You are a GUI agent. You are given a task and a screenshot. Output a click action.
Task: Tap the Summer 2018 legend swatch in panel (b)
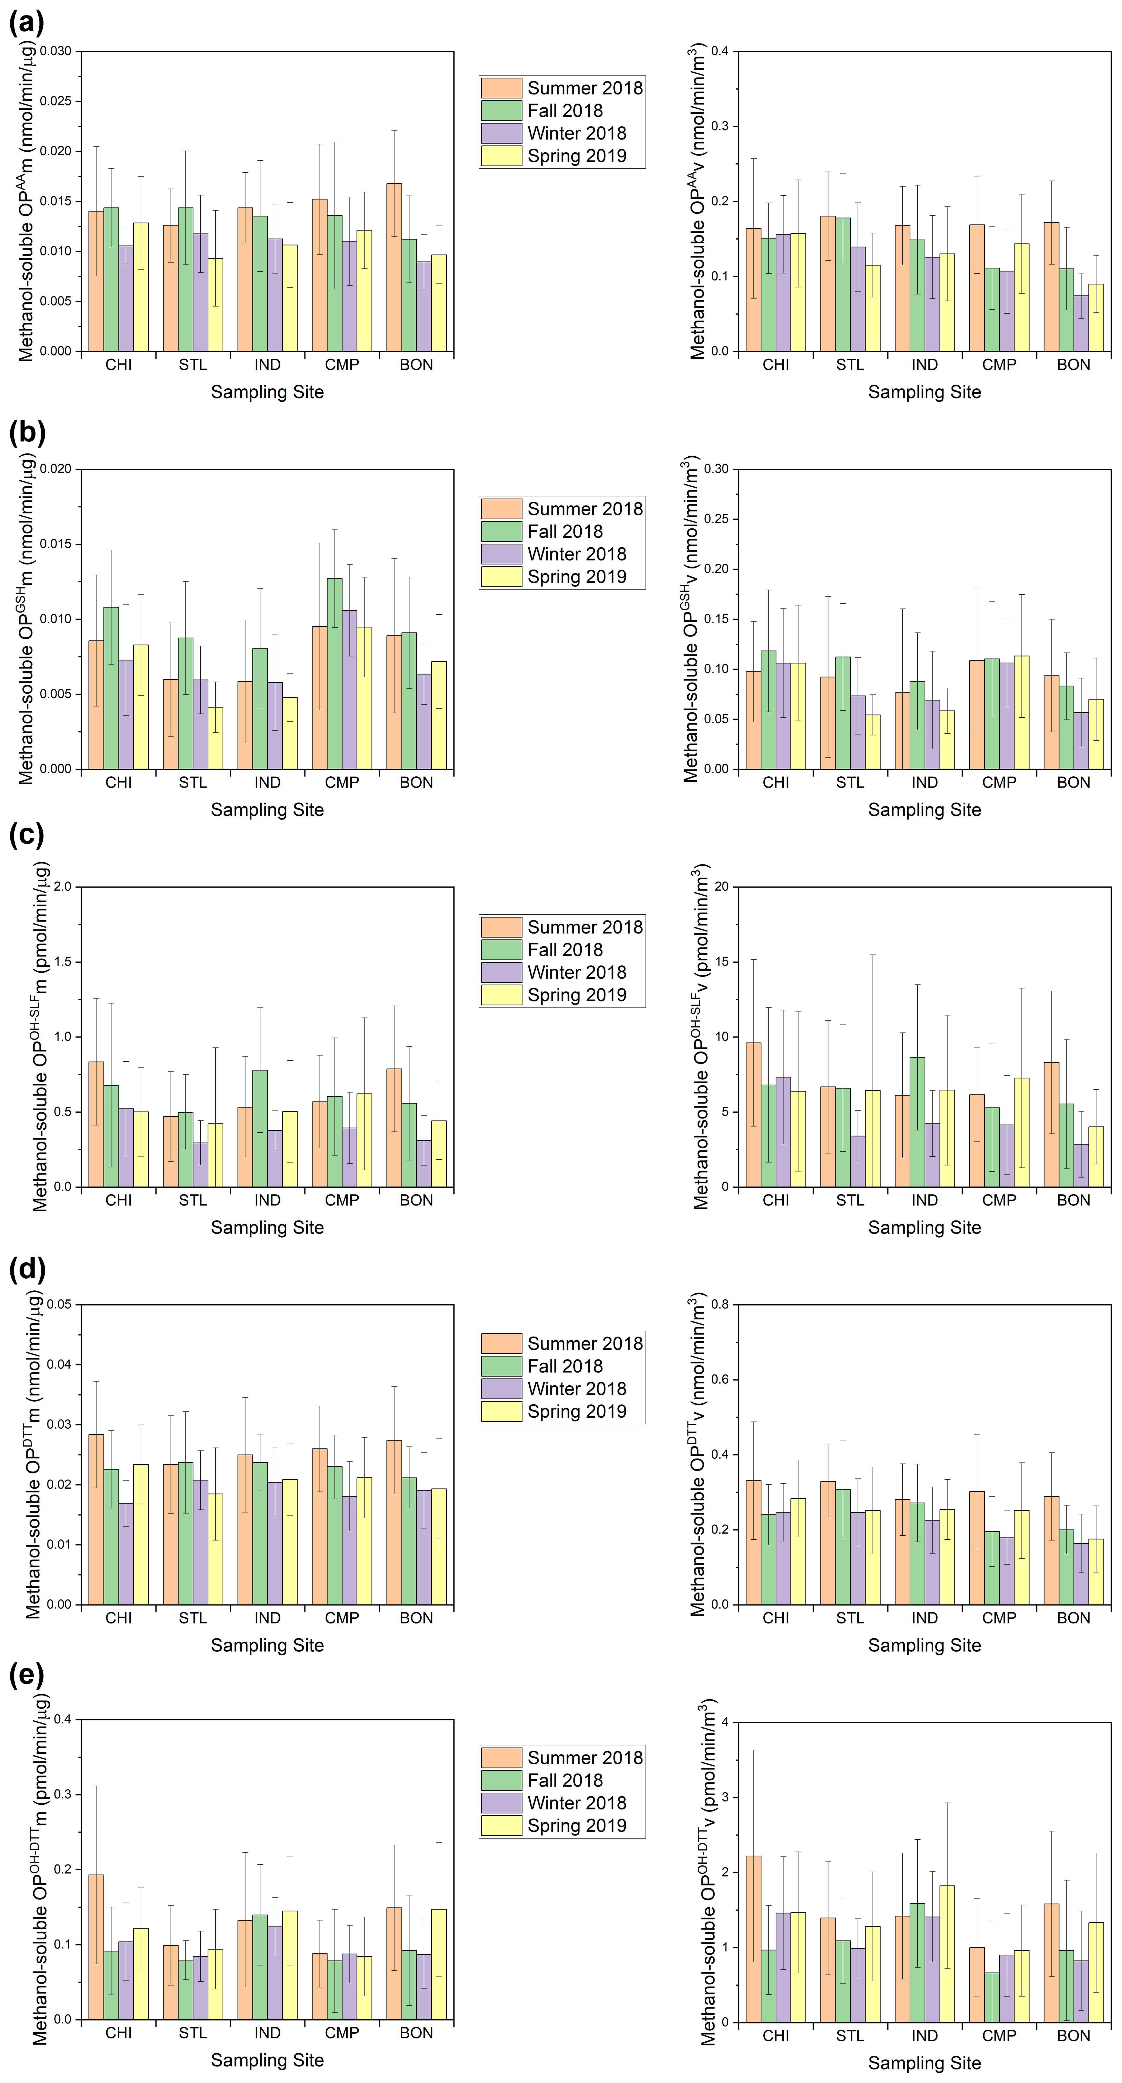pyautogui.click(x=501, y=509)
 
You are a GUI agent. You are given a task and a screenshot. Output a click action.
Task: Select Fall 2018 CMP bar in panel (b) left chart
pyautogui.click(x=335, y=674)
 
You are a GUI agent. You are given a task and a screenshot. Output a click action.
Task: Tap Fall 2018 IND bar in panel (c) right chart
pyautogui.click(x=918, y=1122)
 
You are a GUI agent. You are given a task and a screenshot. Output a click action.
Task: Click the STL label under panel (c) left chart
pyautogui.click(x=193, y=1200)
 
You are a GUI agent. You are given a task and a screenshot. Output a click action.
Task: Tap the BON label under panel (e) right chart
pyautogui.click(x=1073, y=2036)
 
